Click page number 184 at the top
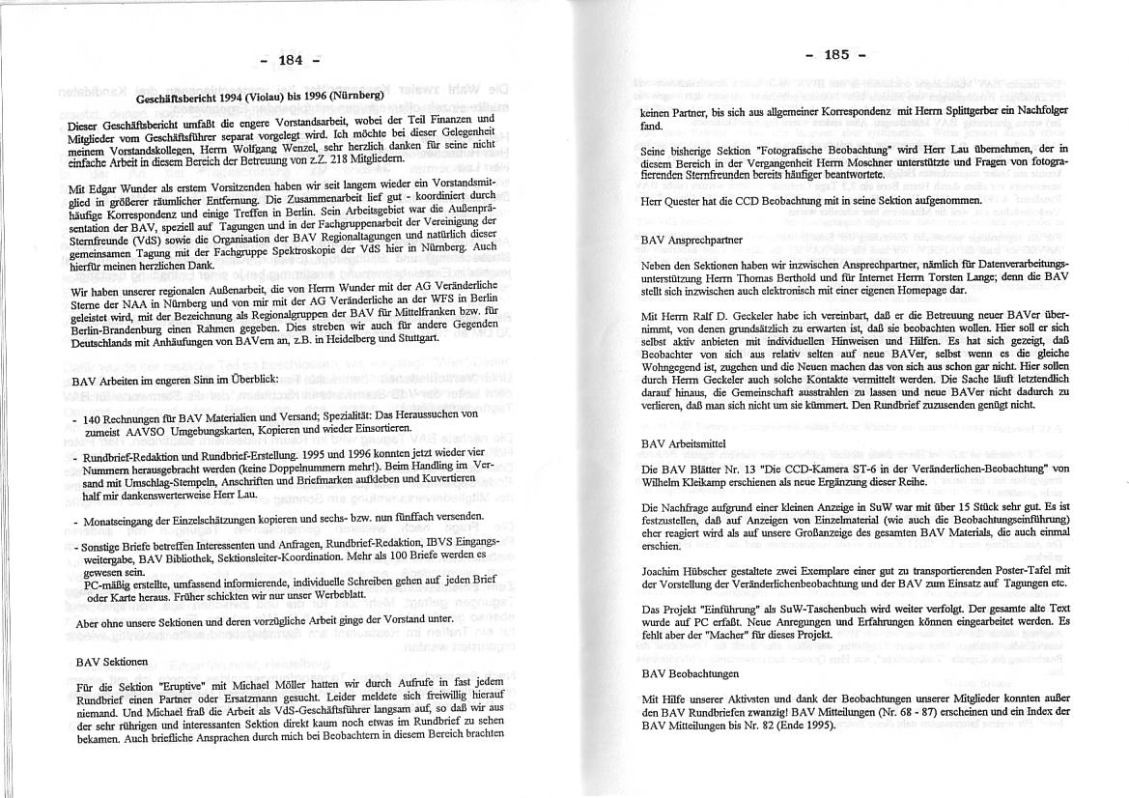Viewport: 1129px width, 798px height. [291, 60]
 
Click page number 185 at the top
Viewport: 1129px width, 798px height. [836, 54]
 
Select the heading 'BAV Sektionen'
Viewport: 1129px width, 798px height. [112, 663]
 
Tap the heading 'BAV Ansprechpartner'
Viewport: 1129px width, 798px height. [692, 238]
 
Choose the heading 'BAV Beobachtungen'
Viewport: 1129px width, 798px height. [690, 672]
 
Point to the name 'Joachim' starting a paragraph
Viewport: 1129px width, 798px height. [664, 571]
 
